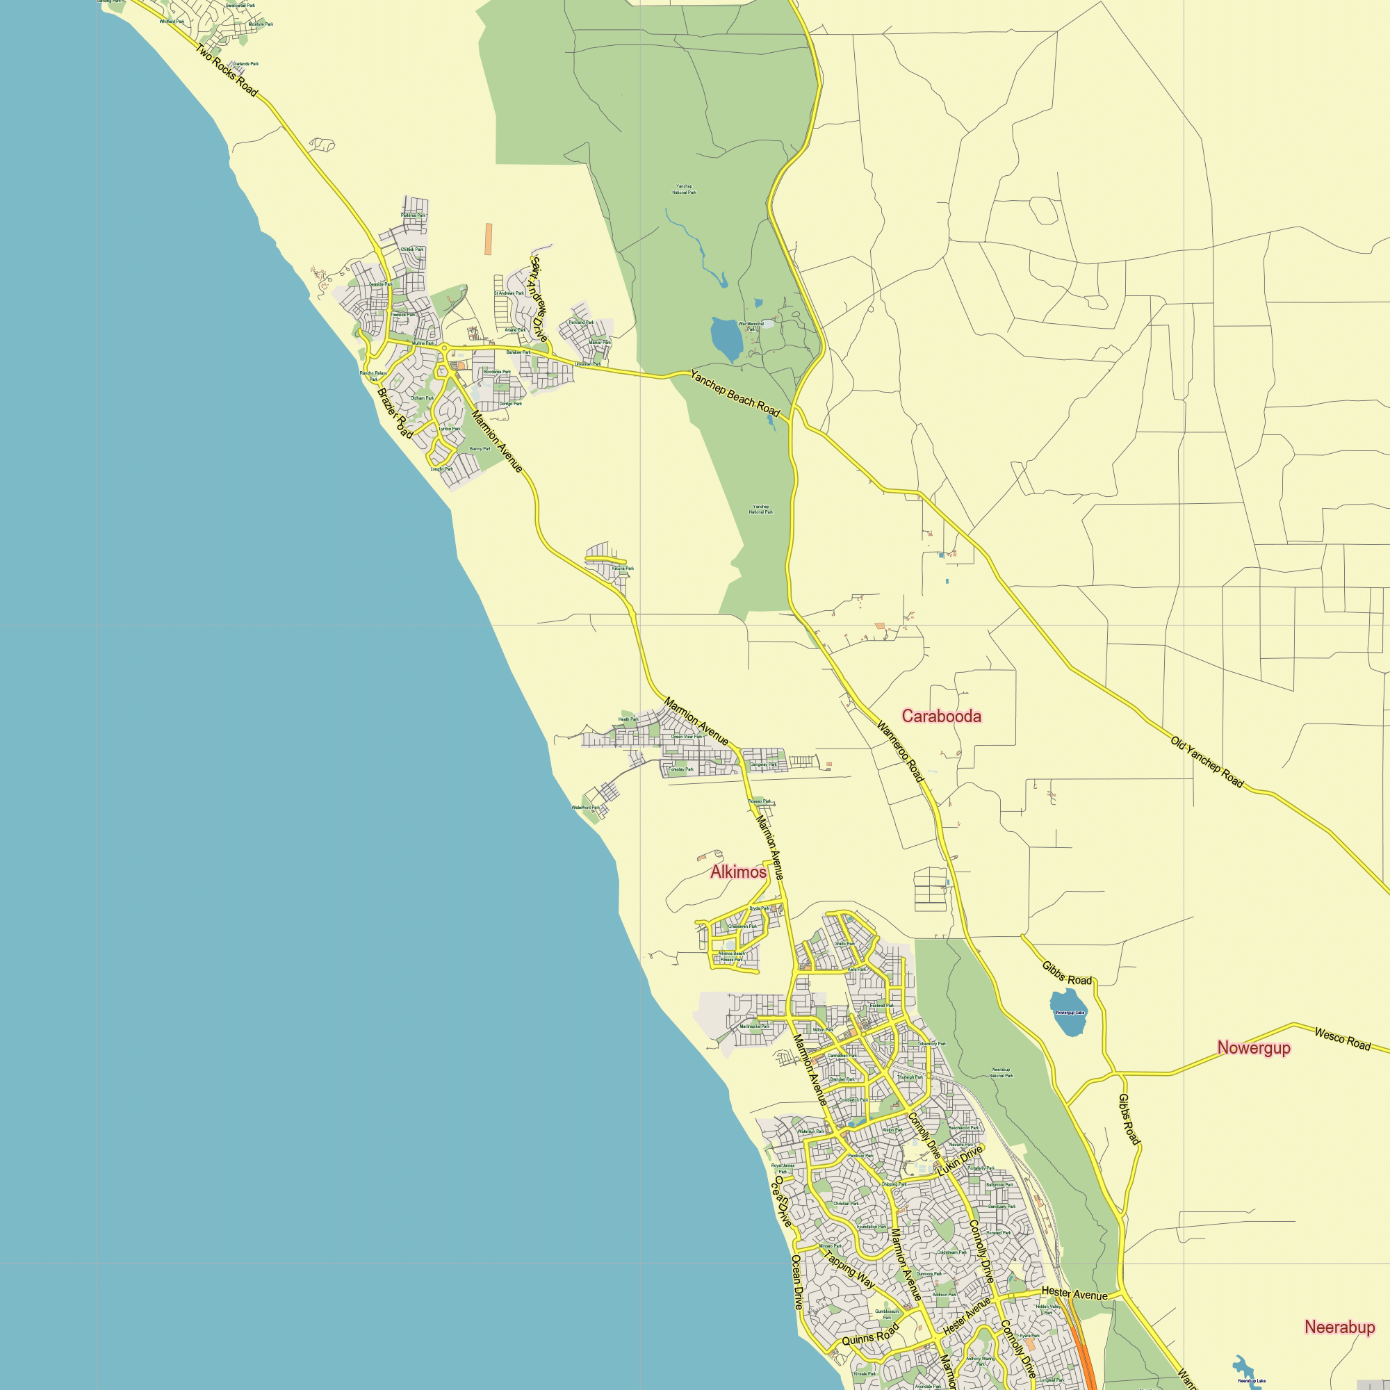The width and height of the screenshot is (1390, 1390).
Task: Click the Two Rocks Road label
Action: tap(226, 70)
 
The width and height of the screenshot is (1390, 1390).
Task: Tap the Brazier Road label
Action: tap(395, 413)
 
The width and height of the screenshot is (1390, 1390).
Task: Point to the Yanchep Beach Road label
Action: tap(735, 393)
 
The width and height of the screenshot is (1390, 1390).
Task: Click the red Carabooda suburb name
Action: tap(941, 716)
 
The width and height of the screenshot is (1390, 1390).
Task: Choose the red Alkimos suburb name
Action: tap(738, 872)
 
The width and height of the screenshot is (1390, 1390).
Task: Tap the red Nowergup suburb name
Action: tap(1253, 1047)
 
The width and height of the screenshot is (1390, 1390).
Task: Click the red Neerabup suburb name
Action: tap(1340, 1327)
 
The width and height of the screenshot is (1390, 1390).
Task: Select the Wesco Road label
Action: tap(1343, 1039)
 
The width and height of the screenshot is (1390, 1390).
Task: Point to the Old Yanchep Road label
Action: tap(1207, 762)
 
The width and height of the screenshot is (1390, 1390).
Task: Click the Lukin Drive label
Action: tap(960, 1161)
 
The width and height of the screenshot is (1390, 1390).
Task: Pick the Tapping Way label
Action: tap(850, 1270)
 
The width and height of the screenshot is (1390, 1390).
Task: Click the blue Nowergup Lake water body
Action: tap(1069, 1013)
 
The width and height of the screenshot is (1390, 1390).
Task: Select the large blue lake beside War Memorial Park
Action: tap(725, 339)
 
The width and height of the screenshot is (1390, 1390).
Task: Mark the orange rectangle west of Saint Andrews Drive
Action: tap(489, 239)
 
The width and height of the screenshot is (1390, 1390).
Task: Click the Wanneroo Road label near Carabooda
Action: tap(900, 751)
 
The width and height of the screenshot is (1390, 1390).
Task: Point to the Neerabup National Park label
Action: tap(1001, 1072)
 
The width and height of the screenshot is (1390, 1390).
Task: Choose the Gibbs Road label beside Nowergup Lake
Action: tap(1067, 974)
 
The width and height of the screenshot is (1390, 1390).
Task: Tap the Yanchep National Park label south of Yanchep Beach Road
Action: tap(760, 509)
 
